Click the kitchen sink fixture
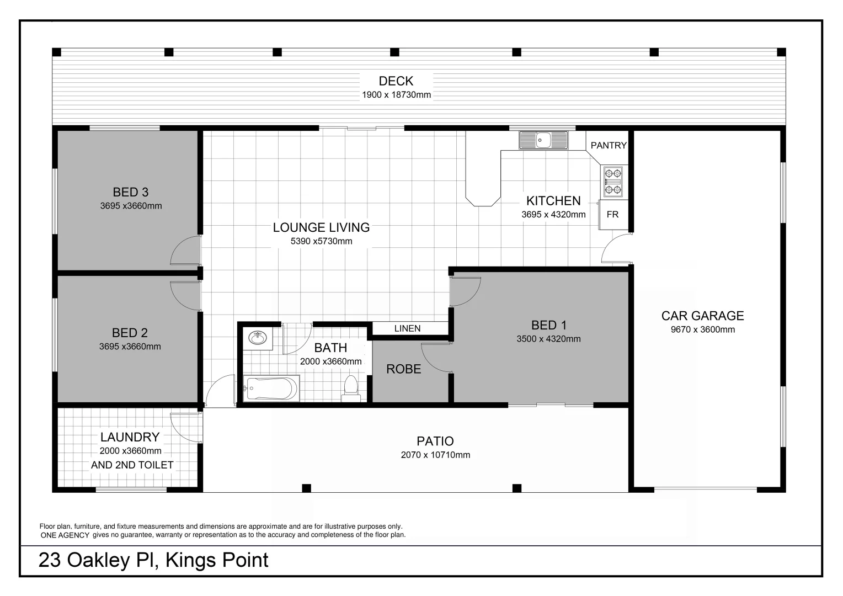543,140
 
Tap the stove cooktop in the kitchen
613,182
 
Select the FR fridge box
612,215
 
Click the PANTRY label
609,145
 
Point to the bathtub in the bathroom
271,389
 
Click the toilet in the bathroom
351,389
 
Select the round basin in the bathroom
257,337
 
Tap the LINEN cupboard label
407,328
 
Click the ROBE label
403,369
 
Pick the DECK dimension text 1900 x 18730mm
396,95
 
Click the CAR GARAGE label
702,316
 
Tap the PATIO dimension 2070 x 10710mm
435,455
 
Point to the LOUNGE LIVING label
321,227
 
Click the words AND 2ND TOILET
132,465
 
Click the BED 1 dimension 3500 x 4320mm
548,339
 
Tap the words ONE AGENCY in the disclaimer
65,535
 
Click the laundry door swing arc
185,427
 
